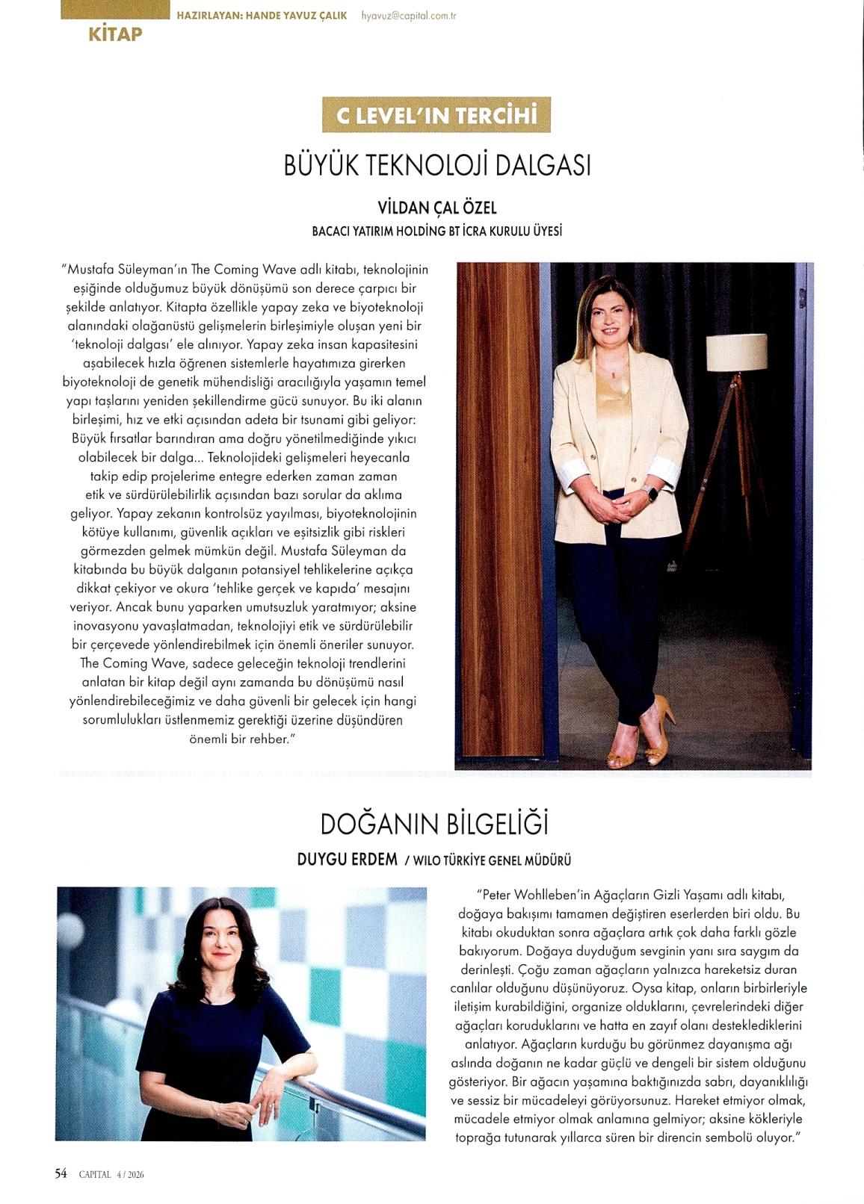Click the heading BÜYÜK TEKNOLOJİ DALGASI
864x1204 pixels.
(437, 165)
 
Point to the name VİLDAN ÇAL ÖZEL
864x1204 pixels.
(437, 209)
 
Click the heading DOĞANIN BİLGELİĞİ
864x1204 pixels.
(434, 825)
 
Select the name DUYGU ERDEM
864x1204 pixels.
(348, 859)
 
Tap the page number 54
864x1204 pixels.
(61, 1173)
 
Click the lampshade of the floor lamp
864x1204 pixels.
(736, 353)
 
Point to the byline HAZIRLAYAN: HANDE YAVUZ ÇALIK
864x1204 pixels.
(262, 15)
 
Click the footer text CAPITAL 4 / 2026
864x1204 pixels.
(111, 1174)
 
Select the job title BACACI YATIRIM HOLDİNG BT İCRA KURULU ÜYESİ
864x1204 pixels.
(437, 232)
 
